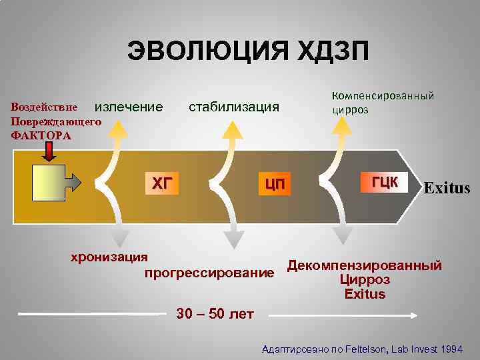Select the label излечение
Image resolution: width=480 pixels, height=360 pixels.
[x=129, y=107]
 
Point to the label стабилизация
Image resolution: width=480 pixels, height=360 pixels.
[x=234, y=107]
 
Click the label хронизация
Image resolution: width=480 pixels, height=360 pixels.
[x=110, y=257]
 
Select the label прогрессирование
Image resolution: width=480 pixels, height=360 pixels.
[x=209, y=273]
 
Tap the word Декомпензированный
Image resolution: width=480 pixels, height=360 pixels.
[x=365, y=266]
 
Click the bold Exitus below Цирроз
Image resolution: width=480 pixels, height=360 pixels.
[x=365, y=294]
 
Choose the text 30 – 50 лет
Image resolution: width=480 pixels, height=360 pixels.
[x=215, y=314]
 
